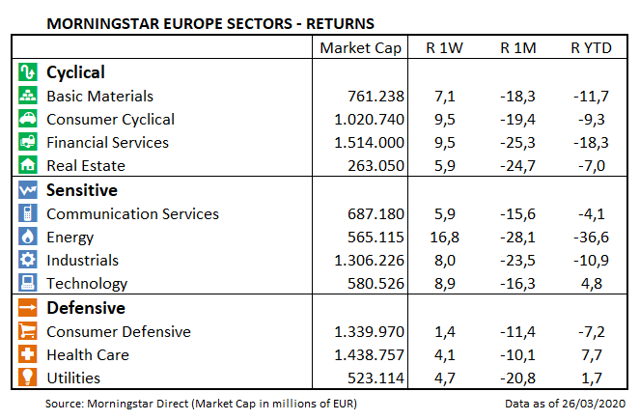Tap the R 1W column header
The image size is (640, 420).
[445, 48]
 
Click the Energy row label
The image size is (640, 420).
[70, 238]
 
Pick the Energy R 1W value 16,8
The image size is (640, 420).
[446, 238]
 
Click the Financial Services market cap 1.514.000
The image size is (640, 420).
[369, 143]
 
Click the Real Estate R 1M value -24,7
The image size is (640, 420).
[517, 166]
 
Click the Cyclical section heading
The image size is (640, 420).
[75, 72]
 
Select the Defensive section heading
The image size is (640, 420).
[86, 309]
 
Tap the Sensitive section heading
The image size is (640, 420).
[82, 191]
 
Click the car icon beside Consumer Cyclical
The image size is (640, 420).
[28, 120]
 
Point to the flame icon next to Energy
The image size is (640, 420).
[28, 238]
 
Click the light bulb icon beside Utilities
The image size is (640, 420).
[28, 378]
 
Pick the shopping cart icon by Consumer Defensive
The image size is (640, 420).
[28, 332]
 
